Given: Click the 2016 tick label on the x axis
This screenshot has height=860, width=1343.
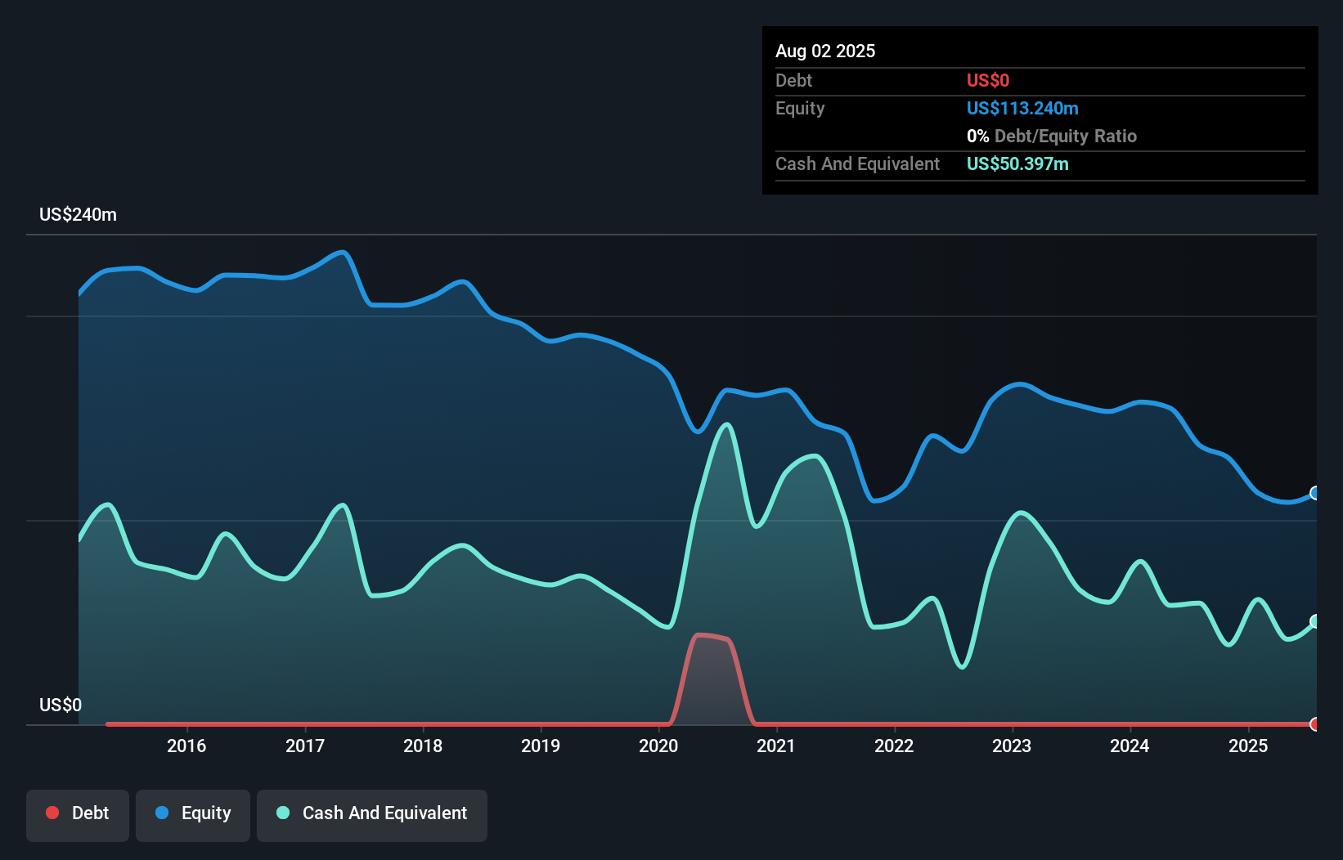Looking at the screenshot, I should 186,746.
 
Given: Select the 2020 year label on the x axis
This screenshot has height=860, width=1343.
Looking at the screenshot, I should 658,746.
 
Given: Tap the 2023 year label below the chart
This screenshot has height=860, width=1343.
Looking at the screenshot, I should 1012,746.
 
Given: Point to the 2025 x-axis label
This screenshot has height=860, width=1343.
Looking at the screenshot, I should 1248,746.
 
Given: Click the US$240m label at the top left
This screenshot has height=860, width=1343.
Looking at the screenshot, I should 78,214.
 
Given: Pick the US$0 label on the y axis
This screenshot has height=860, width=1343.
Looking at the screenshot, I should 61,705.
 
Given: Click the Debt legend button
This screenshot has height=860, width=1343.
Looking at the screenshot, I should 78,813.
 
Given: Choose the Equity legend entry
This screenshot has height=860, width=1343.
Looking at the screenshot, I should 193,813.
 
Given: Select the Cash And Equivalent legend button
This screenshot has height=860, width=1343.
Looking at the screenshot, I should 372,813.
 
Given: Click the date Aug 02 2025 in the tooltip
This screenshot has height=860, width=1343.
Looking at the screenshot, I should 825,51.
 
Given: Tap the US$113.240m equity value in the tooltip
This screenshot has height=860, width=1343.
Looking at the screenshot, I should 1022,108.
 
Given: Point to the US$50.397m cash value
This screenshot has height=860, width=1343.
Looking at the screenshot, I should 1017,163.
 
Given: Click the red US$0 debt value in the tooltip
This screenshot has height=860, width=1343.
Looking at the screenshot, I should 987,80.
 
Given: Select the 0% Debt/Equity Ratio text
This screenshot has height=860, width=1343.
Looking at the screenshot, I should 1051,136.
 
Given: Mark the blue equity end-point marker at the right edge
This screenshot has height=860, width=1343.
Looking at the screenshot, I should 1315,493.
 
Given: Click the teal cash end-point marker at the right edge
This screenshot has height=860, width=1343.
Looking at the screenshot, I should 1315,621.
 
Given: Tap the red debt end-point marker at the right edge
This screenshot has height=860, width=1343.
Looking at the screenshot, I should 1315,724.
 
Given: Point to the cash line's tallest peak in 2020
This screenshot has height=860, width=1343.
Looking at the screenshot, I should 726,424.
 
